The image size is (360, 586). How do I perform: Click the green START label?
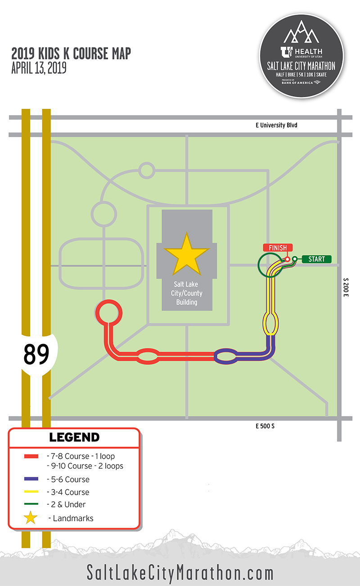click(x=316, y=259)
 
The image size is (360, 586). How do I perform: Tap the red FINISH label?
click(x=278, y=248)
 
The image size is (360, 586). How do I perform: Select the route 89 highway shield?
click(x=36, y=355)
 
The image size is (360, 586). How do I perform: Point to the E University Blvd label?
click(x=274, y=125)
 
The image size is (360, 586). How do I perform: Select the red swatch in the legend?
click(x=30, y=456)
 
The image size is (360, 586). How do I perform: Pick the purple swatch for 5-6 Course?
click(x=30, y=479)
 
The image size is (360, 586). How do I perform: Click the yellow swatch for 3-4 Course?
click(x=30, y=492)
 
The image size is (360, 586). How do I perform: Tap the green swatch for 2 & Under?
click(x=30, y=505)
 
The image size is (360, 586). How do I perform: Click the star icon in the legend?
click(x=30, y=518)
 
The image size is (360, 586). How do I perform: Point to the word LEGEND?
click(x=74, y=437)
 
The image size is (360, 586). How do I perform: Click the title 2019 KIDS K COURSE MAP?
click(x=71, y=54)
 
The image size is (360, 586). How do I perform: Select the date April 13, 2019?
click(x=39, y=68)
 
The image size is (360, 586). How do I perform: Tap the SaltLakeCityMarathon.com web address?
click(x=180, y=573)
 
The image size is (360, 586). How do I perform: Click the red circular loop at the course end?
click(x=109, y=312)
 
